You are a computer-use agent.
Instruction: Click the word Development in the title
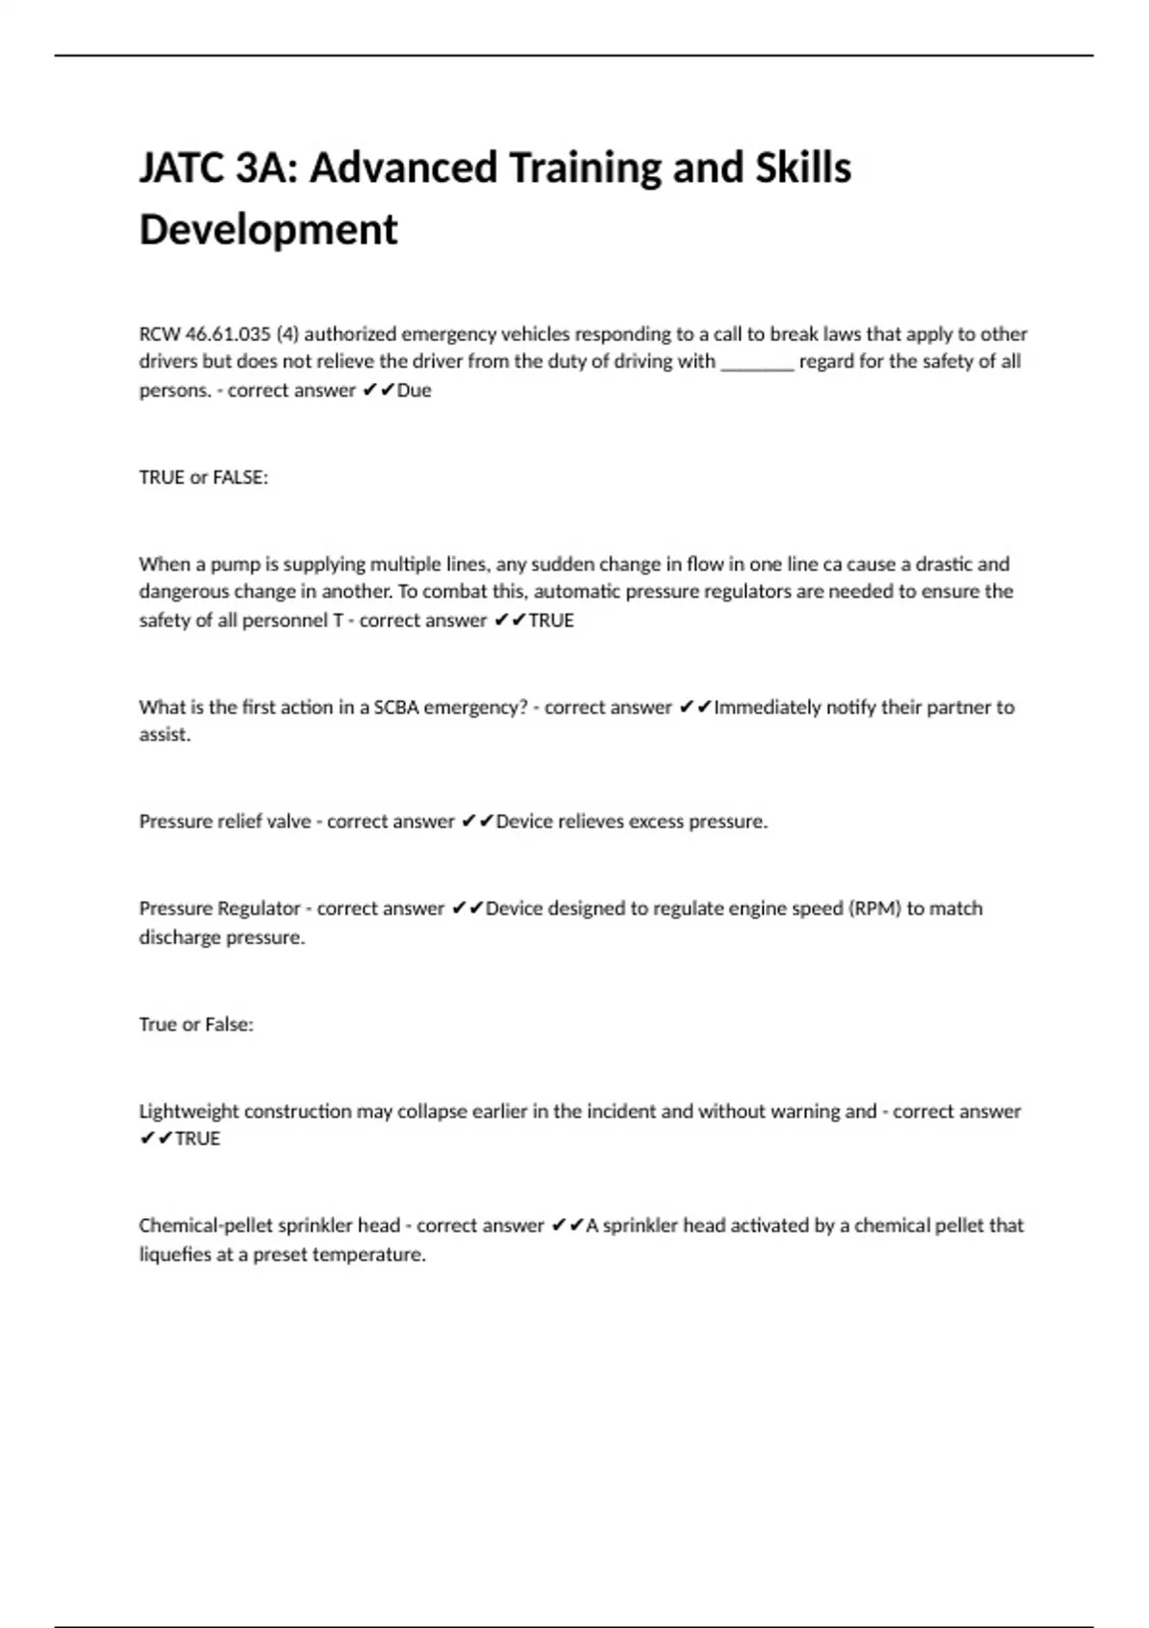(x=268, y=230)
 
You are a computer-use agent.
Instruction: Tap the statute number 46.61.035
(x=228, y=334)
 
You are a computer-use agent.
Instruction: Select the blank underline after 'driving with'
(x=756, y=363)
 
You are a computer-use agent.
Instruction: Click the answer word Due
(x=414, y=391)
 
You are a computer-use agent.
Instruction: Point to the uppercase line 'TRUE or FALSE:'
(x=203, y=477)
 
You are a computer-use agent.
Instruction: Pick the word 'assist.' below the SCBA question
(x=165, y=735)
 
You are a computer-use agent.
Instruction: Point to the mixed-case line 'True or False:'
(x=196, y=1025)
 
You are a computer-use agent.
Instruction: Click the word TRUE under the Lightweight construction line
(x=197, y=1139)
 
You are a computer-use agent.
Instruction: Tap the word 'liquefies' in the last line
(x=175, y=1255)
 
